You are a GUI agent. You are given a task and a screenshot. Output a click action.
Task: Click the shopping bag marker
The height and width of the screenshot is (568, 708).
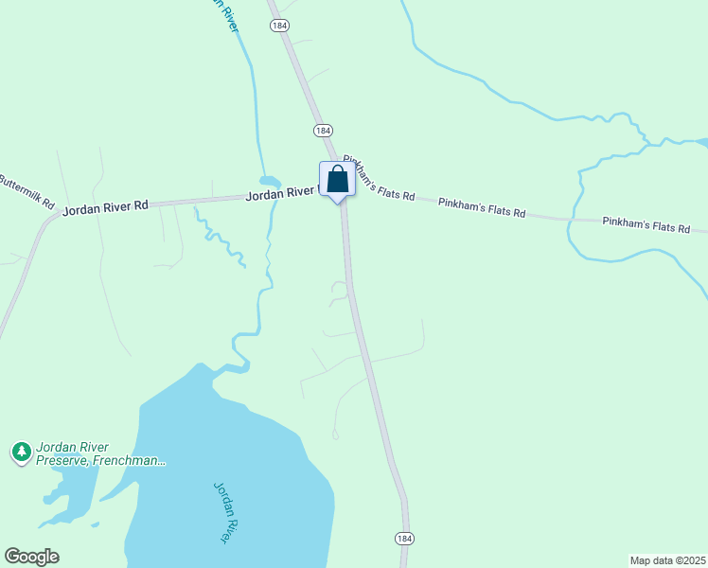pos(338,179)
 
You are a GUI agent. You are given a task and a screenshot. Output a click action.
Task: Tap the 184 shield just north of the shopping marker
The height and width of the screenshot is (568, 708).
pos(323,130)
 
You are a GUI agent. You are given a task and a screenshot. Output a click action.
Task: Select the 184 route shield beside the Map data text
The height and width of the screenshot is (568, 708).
pos(404,538)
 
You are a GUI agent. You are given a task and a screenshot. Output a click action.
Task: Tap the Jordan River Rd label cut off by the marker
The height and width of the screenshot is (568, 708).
pos(281,194)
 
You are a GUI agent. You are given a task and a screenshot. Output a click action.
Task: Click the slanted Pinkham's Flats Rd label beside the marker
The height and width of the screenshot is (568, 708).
pos(380,178)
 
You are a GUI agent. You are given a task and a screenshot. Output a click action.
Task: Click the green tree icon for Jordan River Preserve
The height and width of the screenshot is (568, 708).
pos(21,452)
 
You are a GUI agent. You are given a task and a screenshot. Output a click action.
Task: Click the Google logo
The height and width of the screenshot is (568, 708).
pos(31,557)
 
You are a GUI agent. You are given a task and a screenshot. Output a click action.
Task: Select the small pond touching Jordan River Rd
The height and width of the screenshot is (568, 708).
pos(270,181)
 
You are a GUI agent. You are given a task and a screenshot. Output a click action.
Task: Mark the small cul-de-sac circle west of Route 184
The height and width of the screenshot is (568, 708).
pos(335,435)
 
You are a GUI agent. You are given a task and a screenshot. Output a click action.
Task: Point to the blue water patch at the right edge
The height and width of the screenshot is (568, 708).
pos(701,143)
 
